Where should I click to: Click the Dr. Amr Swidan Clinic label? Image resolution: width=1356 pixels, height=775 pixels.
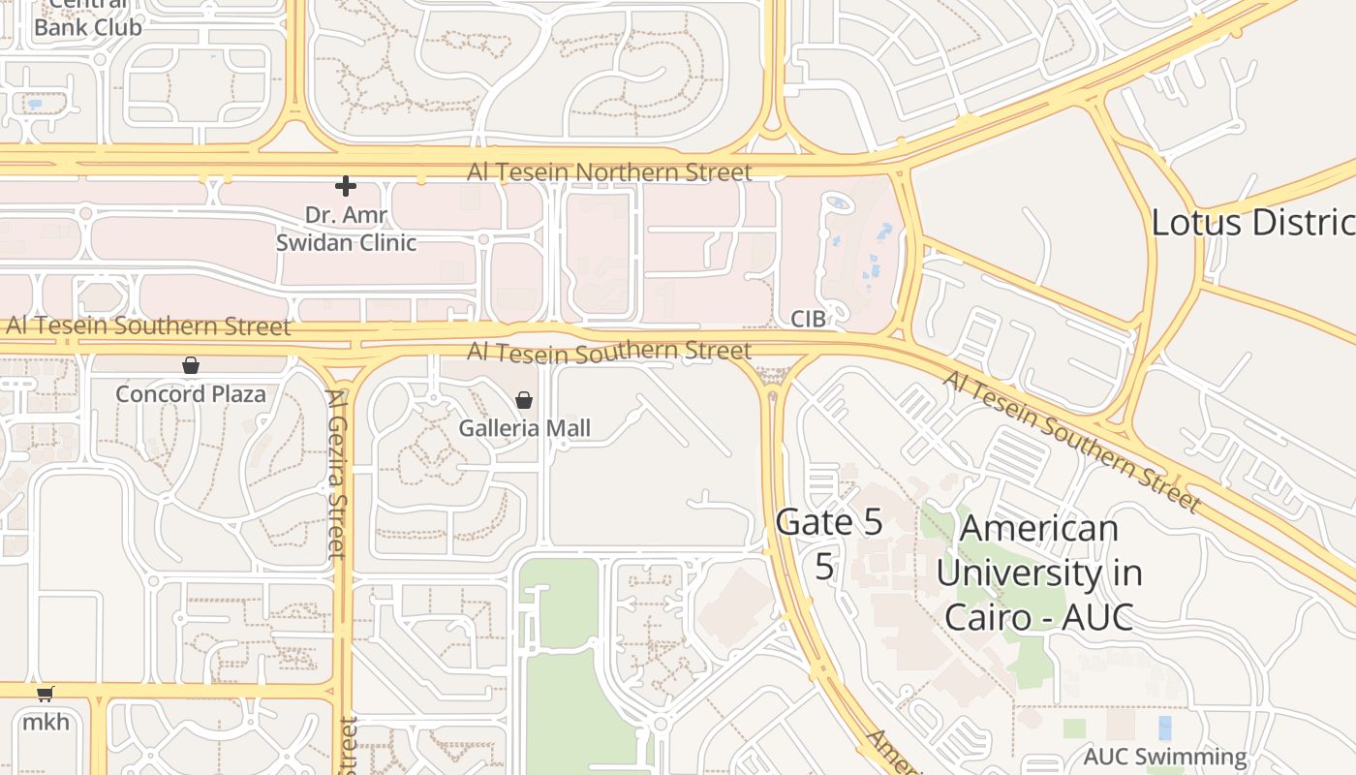coord(346,229)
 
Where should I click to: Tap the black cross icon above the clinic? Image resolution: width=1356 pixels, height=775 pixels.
coord(346,186)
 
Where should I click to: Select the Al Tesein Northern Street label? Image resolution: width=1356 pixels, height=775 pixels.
coord(609,172)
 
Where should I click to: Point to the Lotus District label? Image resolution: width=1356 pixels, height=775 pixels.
coord(1252,223)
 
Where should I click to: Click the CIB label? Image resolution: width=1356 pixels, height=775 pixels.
coord(808,319)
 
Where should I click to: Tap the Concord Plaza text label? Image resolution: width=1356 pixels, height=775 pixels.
coord(191,394)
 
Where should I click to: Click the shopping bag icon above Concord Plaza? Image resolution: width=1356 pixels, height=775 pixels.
coord(191,365)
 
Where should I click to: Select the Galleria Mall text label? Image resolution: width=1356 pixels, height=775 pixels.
coord(524,427)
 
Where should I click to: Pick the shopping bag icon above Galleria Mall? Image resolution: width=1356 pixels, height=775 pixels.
coord(524,400)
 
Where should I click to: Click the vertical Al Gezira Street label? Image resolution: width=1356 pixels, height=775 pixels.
coord(336,474)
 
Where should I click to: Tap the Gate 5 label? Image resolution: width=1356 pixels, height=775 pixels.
coord(829,522)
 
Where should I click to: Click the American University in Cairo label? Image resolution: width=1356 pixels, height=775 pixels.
coord(1038,573)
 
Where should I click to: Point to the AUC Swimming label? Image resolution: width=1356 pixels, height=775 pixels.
coord(1165,757)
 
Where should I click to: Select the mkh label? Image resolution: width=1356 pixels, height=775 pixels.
coord(46,722)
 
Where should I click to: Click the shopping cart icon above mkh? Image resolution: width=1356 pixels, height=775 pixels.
coord(46,694)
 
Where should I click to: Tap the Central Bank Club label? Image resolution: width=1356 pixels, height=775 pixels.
coord(87,19)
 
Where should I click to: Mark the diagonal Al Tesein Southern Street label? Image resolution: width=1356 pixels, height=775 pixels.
coord(1072,441)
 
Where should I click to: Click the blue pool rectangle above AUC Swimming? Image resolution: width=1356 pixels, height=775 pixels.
coord(1164,727)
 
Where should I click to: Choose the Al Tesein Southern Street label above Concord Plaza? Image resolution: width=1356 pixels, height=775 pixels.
coord(148,325)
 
